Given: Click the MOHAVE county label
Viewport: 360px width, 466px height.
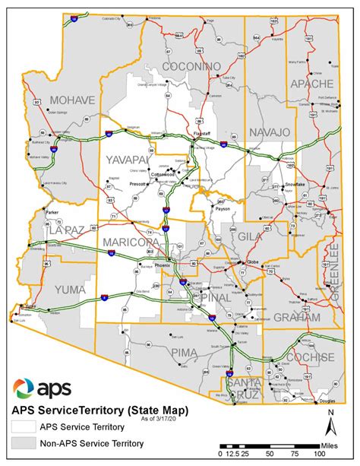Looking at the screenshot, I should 73,100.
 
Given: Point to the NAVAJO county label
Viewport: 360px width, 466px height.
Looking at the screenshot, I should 268,132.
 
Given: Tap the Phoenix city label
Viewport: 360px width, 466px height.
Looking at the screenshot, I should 163,265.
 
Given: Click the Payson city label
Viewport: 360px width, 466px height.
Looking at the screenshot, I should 222,207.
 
